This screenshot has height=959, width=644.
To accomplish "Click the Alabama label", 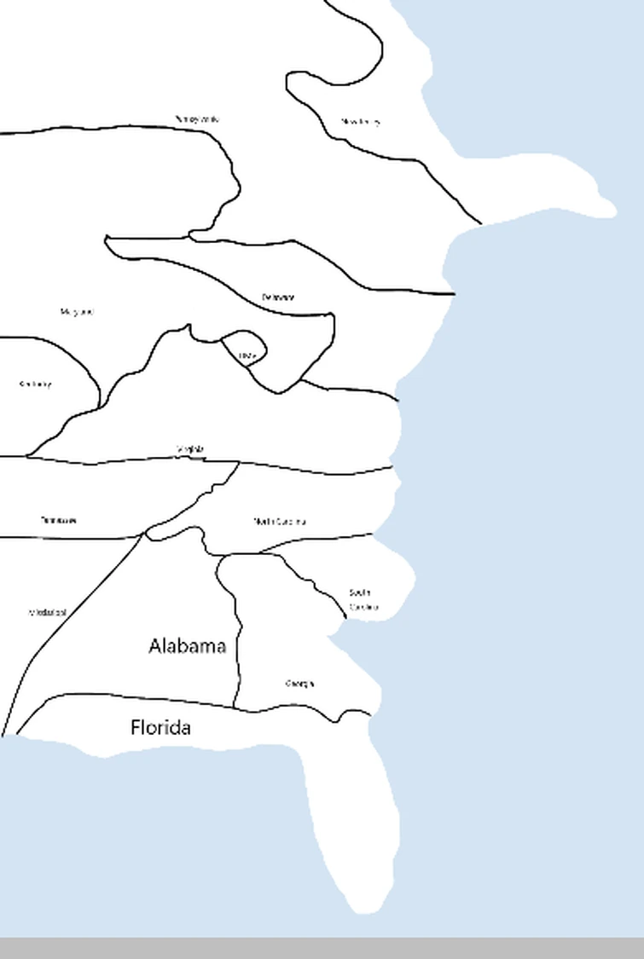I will (x=188, y=646).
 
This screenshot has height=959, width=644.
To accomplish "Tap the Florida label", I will (x=160, y=728).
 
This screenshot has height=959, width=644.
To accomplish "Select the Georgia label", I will (x=300, y=684).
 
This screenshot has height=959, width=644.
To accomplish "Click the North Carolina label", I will (x=280, y=522).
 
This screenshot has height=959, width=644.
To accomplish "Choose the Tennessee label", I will (x=59, y=520).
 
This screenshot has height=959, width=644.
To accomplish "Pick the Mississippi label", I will (x=48, y=612).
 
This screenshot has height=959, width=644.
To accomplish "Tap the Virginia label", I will (x=190, y=449).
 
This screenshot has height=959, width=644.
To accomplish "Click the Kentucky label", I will (x=35, y=384).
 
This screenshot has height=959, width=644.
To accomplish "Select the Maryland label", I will (x=77, y=312).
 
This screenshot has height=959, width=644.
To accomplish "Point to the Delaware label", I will (x=278, y=298).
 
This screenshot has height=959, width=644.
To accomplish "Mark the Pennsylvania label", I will (x=197, y=119).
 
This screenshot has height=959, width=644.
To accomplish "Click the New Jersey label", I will (x=360, y=122).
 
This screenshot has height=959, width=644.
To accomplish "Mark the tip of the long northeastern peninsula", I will (x=609, y=207).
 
